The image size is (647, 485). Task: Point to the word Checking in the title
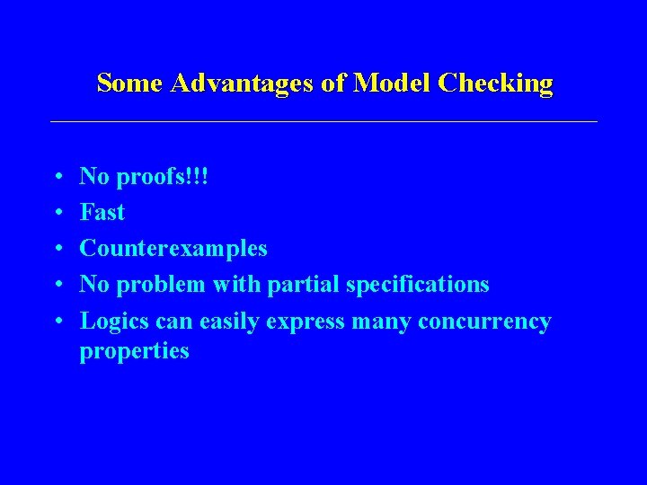[x=496, y=84]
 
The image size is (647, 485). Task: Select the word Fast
[x=102, y=213]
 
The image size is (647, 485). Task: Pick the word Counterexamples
[x=173, y=249]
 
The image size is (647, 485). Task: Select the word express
[x=305, y=322]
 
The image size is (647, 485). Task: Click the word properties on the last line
[x=135, y=351]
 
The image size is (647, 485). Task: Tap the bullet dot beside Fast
[x=58, y=214]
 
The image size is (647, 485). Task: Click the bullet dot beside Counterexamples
[x=58, y=250]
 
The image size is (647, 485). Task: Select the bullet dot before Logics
[x=58, y=322]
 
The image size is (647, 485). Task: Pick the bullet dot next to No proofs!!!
[x=58, y=178]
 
